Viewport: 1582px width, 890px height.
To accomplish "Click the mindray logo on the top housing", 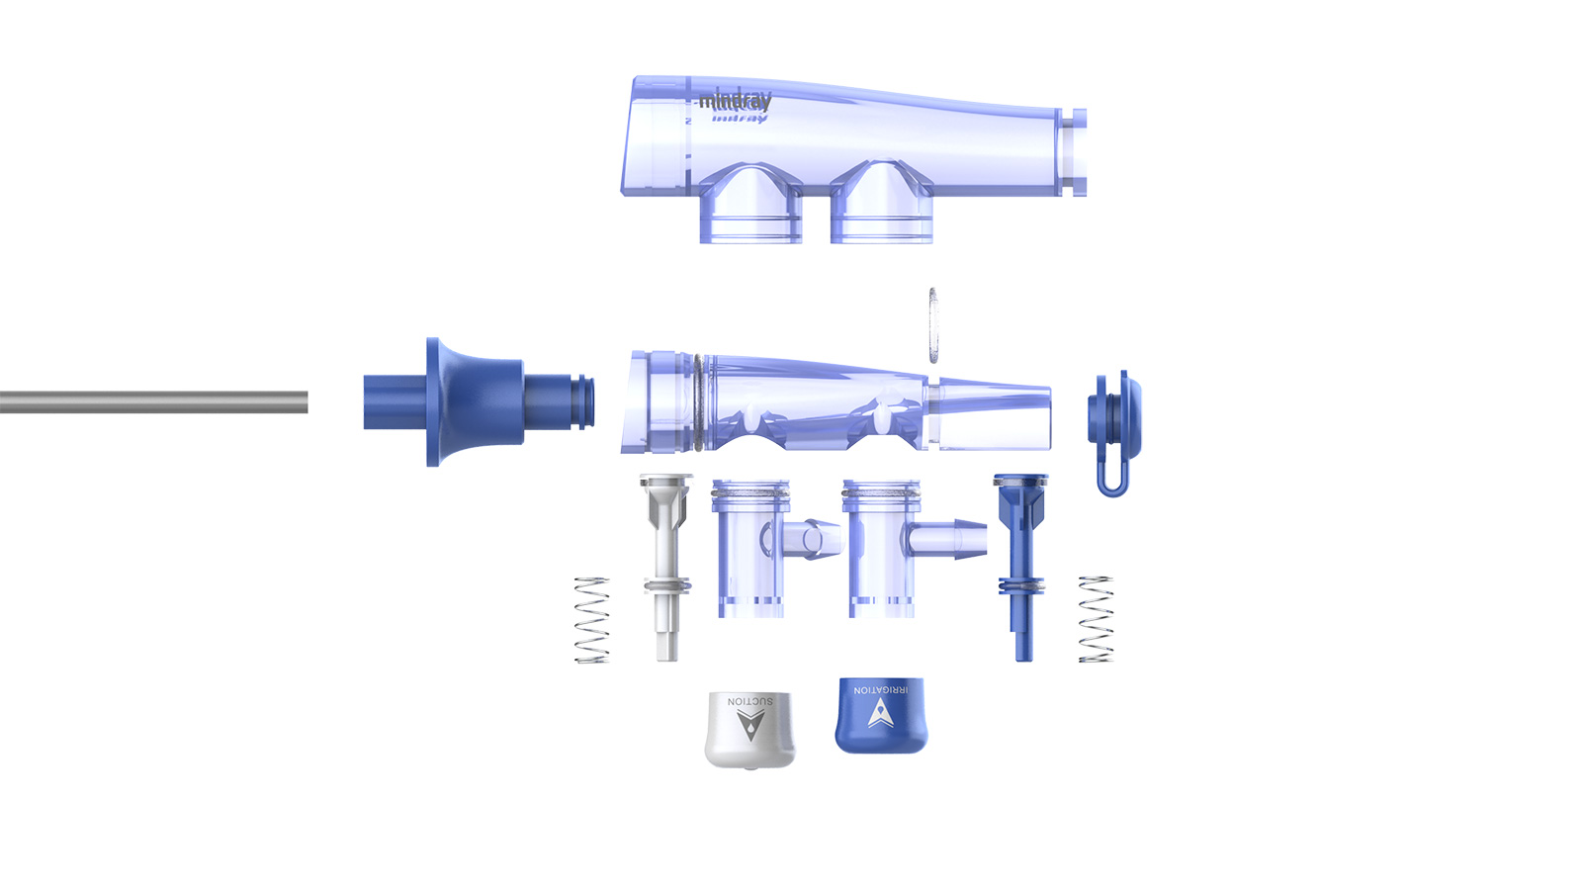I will (735, 102).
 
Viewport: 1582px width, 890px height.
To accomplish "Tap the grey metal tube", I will (153, 401).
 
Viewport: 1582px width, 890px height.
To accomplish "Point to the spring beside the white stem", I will (592, 620).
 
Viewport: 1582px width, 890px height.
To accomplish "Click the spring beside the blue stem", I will (1096, 619).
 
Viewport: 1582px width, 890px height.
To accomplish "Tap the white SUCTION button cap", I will (749, 730).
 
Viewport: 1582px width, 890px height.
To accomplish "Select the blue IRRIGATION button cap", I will (881, 716).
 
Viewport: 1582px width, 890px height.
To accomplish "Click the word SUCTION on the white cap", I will (750, 701).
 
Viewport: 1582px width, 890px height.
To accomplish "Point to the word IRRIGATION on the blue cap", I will (881, 689).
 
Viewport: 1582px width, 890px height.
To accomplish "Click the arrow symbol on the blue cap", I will (881, 713).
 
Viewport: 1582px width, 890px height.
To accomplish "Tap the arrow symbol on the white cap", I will (750, 725).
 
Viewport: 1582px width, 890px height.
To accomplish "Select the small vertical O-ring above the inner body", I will (932, 325).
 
